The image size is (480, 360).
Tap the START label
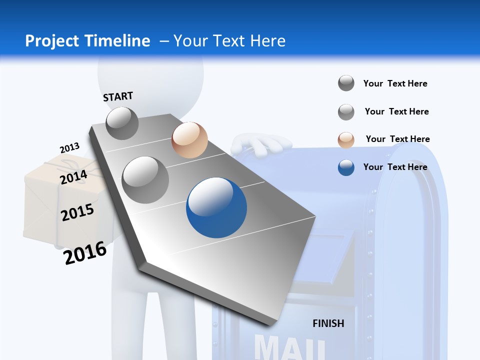pos(118,96)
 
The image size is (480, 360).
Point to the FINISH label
pos(328,323)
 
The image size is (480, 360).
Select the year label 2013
pos(69,148)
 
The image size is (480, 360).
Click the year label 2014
pos(73,177)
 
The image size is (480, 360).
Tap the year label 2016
pos(85,253)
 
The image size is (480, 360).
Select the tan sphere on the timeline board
pos(189,140)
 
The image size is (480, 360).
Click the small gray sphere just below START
pos(122,123)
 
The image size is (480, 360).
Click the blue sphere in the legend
pos(346,167)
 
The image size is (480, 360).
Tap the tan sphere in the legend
pos(346,140)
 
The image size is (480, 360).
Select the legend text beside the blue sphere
pos(395,167)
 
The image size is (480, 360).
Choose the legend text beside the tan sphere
pos(397,139)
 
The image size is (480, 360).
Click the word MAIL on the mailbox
pos(290,347)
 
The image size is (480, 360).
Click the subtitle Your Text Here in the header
pos(229,41)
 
